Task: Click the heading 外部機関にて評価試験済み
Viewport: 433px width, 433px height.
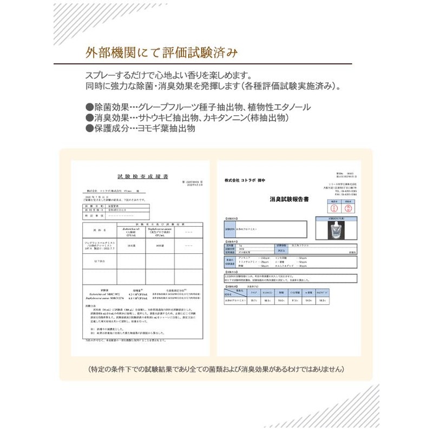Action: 161,53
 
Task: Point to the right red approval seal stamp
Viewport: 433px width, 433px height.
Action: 349,208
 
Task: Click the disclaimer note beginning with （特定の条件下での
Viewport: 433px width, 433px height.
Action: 216,369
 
